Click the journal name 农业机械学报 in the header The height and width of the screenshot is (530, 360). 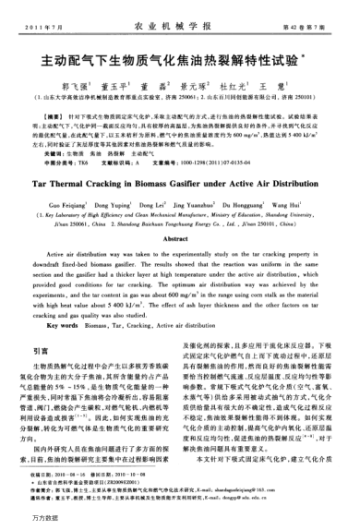[180, 19]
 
